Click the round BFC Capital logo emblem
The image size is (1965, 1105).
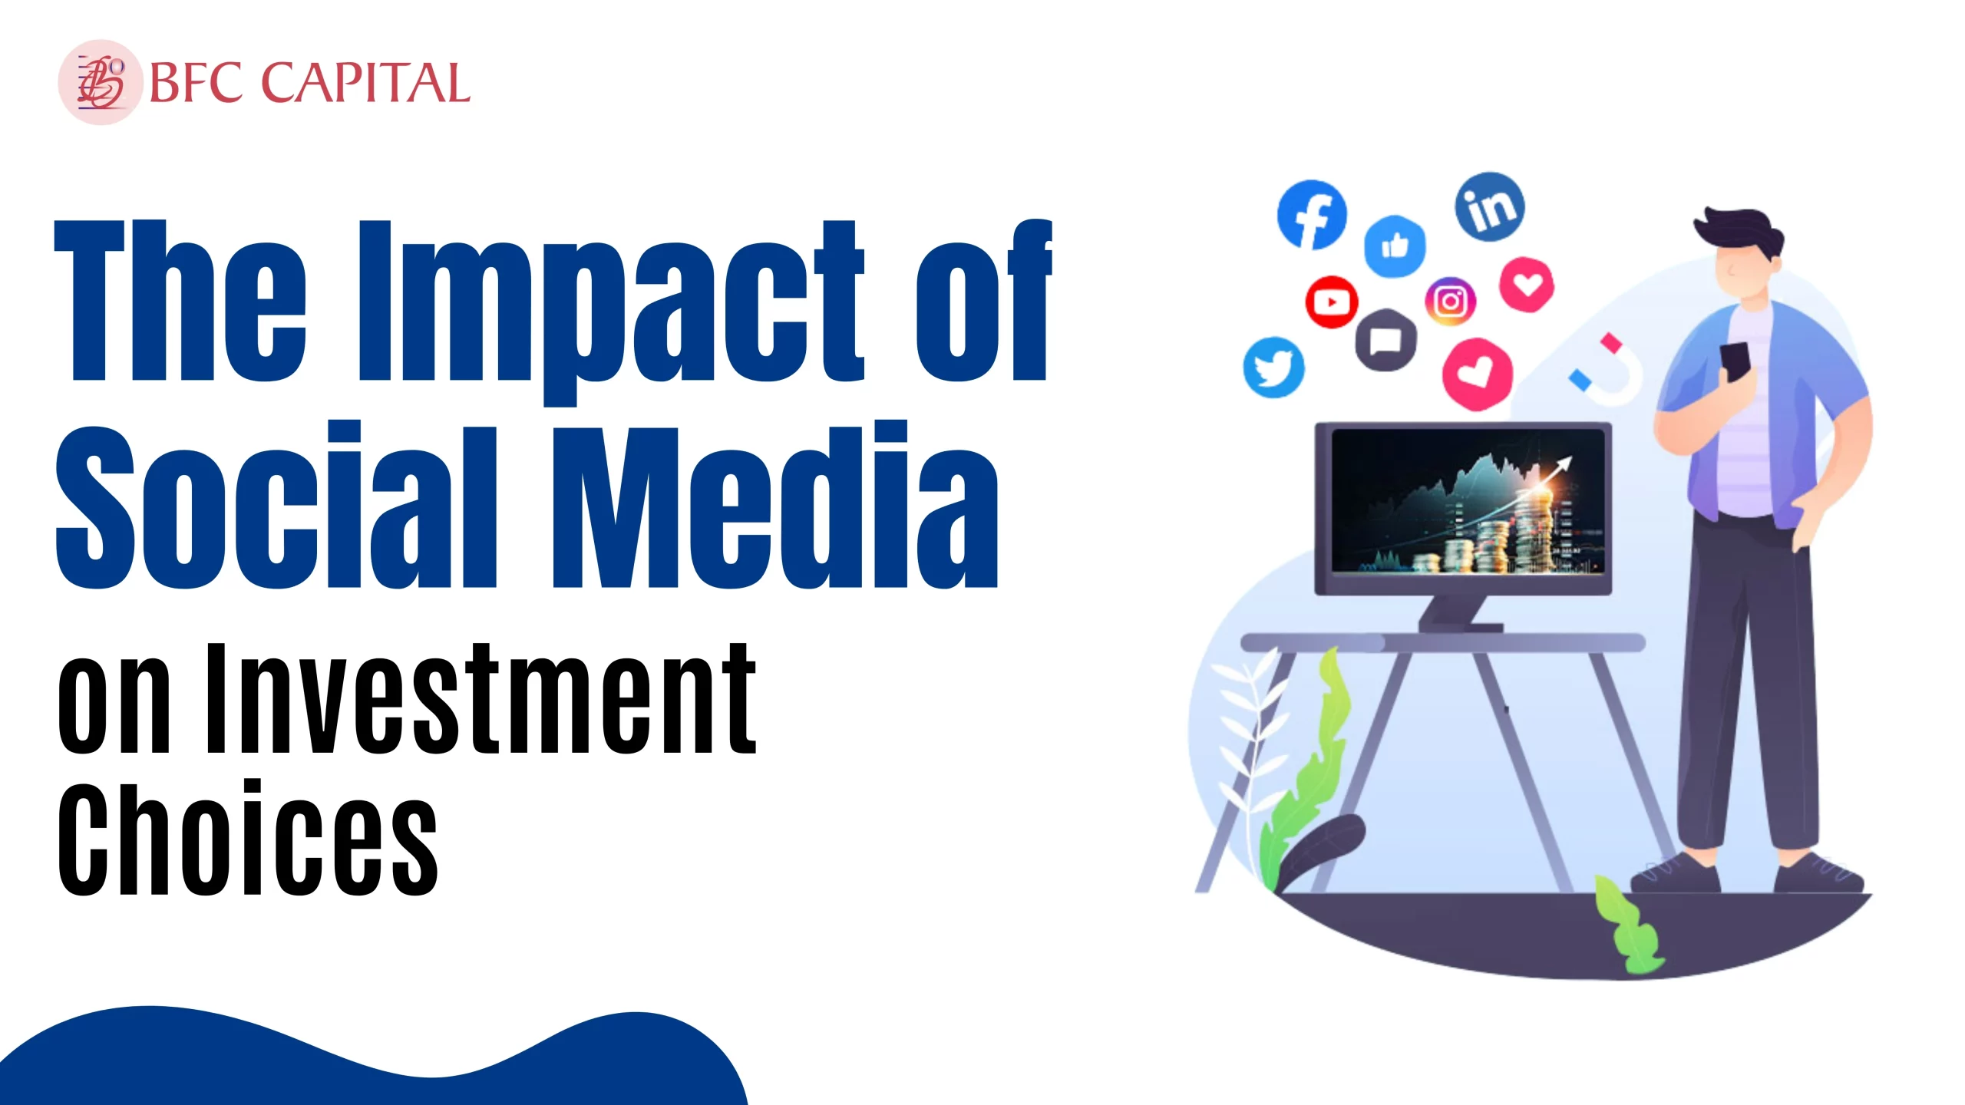pyautogui.click(x=101, y=82)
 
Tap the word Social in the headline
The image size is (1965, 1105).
pyautogui.click(x=276, y=504)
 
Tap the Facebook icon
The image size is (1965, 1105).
pyautogui.click(x=1312, y=215)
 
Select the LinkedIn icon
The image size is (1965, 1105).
pyautogui.click(x=1490, y=206)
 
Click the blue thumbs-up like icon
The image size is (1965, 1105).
pyautogui.click(x=1395, y=246)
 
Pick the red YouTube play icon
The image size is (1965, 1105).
pyautogui.click(x=1332, y=302)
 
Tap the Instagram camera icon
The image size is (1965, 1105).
pyautogui.click(x=1450, y=302)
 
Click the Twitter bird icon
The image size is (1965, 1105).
pyautogui.click(x=1273, y=367)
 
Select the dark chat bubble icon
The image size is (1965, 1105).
pyautogui.click(x=1385, y=340)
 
